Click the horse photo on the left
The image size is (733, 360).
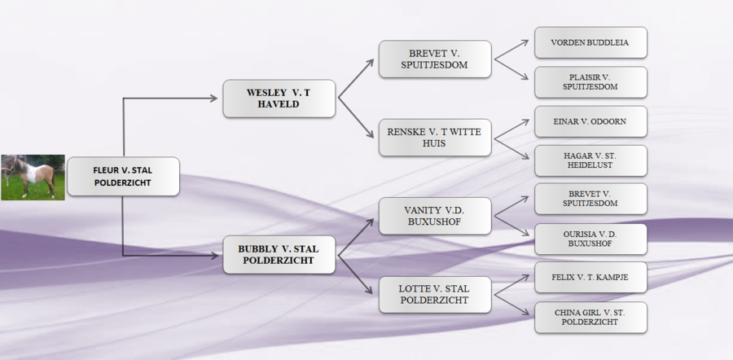pos(33,177)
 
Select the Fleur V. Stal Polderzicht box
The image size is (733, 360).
pos(123,177)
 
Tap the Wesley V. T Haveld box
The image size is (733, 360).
pos(279,99)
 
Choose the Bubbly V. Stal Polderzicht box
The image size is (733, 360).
pos(279,254)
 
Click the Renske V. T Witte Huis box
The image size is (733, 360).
pos(435,138)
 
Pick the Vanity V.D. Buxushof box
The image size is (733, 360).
pos(435,216)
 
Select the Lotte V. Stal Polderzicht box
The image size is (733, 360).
pos(435,294)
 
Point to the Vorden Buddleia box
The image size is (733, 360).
pos(590,42)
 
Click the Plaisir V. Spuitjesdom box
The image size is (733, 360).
pos(590,81)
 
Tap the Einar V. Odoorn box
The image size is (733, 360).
pos(590,121)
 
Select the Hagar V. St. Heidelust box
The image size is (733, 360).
pos(590,160)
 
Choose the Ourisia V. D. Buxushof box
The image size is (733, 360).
pos(590,239)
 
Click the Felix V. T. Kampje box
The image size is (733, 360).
pos(590,278)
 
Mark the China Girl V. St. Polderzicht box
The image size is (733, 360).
pos(590,317)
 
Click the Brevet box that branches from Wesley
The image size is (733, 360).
pos(435,59)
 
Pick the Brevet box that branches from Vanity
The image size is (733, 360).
pos(590,200)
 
